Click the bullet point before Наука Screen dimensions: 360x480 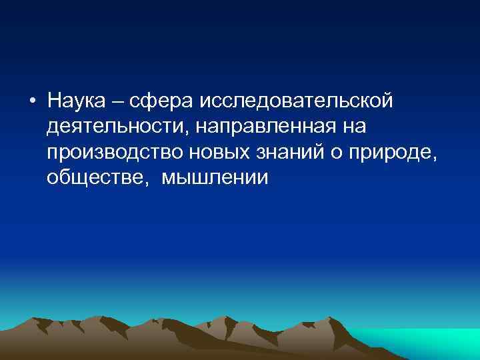coord(32,101)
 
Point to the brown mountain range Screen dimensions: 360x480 coord(200,340)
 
